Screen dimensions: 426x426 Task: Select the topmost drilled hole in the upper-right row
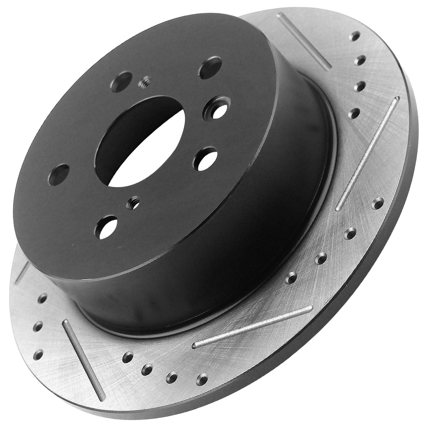(x=355, y=36)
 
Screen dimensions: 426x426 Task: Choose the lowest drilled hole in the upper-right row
(x=354, y=114)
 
